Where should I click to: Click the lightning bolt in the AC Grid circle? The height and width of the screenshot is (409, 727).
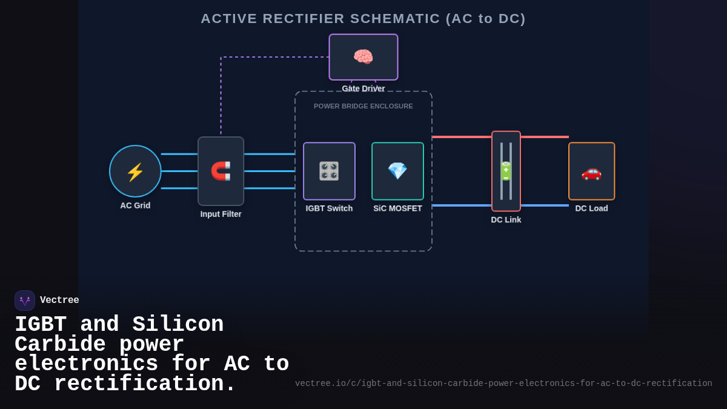click(135, 171)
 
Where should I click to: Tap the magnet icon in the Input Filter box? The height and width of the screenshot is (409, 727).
click(221, 171)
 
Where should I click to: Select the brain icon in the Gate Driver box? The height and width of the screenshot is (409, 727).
click(363, 57)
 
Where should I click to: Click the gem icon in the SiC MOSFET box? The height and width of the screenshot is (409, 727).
click(397, 171)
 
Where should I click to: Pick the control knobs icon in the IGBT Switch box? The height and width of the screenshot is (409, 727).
click(329, 171)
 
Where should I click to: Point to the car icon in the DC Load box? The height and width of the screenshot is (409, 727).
click(591, 171)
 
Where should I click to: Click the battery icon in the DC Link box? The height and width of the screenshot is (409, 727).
click(506, 171)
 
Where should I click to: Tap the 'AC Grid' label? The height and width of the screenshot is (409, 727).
click(135, 205)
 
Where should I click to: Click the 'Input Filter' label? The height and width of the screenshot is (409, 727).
click(221, 214)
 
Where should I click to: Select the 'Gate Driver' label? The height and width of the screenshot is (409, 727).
click(363, 88)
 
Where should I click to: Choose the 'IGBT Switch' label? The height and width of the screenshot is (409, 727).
click(329, 208)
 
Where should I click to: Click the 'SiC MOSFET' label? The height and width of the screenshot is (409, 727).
click(397, 208)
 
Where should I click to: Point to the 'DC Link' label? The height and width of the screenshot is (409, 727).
click(506, 220)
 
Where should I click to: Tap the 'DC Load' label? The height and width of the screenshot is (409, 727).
click(591, 208)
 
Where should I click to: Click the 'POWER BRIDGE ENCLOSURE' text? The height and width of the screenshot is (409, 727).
click(363, 106)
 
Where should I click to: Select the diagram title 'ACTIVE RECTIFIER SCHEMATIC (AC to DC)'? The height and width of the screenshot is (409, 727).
click(363, 19)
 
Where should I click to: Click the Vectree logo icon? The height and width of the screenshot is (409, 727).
click(25, 301)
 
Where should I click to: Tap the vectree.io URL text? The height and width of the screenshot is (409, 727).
click(503, 384)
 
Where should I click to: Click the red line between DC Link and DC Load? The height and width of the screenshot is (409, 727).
click(544, 137)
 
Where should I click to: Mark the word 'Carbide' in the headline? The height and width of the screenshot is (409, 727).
click(60, 345)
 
